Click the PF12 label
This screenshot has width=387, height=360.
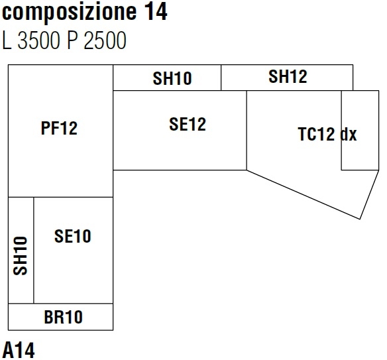[x=59, y=129]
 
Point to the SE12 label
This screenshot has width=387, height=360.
[x=188, y=124]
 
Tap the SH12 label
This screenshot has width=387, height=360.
[x=288, y=77]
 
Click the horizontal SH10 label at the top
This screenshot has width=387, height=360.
[x=172, y=79]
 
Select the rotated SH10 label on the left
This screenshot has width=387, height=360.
[x=21, y=256]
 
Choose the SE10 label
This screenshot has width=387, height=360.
[x=73, y=235]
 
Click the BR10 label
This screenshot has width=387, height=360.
[x=64, y=317]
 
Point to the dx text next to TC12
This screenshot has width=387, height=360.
[x=349, y=135]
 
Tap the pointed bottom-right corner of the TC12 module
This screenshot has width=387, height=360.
[x=360, y=218]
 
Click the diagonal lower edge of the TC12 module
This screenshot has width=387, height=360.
[x=304, y=194]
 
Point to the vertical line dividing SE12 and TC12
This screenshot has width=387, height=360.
[x=247, y=130]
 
